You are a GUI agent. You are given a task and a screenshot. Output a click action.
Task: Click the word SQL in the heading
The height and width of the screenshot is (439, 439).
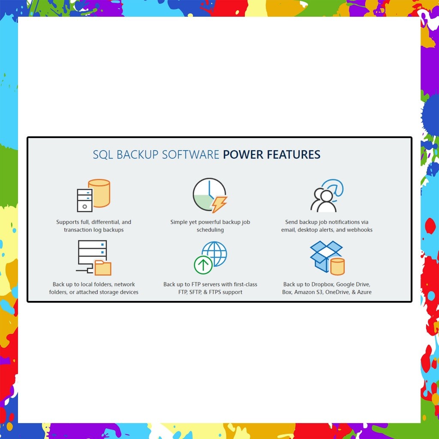pyautogui.click(x=103, y=154)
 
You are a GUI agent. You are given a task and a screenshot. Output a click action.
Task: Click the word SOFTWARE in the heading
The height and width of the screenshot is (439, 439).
pyautogui.click(x=191, y=154)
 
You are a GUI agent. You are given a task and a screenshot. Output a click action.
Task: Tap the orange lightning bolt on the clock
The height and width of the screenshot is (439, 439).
pyautogui.click(x=219, y=204)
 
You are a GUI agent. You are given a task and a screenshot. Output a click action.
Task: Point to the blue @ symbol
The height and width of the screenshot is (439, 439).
pyautogui.click(x=333, y=189)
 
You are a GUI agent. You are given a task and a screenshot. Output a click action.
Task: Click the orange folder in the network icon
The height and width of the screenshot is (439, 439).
pyautogui.click(x=103, y=268)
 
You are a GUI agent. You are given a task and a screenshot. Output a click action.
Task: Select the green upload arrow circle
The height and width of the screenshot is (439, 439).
pyautogui.click(x=203, y=265)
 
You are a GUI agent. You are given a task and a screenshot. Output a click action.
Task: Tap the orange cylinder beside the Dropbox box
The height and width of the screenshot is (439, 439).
pyautogui.click(x=338, y=266)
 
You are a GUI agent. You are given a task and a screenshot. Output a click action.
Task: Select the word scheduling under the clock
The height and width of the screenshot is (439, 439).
pyautogui.click(x=210, y=230)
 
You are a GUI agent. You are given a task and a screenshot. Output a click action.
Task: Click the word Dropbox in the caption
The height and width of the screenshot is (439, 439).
pyautogui.click(x=322, y=284)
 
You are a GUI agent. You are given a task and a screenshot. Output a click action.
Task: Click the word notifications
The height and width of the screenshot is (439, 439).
pyautogui.click(x=340, y=222)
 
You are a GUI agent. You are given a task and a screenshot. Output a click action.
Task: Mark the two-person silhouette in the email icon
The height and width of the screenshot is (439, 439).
pyautogui.click(x=323, y=201)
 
